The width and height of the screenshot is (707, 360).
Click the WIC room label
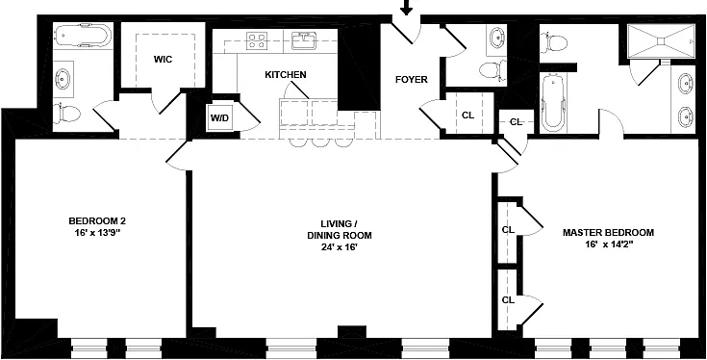pyautogui.click(x=163, y=59)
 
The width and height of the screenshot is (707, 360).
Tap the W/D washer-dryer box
pyautogui.click(x=220, y=118)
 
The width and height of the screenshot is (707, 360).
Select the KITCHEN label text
pyautogui.click(x=286, y=75)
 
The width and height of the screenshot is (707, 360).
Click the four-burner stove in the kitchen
pyautogui.click(x=257, y=40)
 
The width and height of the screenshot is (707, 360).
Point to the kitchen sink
pyautogui.click(x=304, y=40)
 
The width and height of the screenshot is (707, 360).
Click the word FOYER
pyautogui.click(x=412, y=80)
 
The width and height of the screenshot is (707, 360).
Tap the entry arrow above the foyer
pyautogui.click(x=407, y=7)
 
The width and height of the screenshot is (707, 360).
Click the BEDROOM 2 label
pyautogui.click(x=97, y=221)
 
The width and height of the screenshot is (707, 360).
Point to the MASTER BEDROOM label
pyautogui.click(x=608, y=233)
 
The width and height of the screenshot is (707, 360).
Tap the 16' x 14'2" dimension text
pyautogui.click(x=608, y=244)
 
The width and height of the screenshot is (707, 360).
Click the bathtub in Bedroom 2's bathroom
pyautogui.click(x=82, y=36)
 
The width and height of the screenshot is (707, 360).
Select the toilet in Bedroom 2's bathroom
pyautogui.click(x=66, y=114)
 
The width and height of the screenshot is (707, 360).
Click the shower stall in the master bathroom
pyautogui.click(x=662, y=41)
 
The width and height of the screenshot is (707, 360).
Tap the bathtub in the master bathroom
pyautogui.click(x=553, y=103)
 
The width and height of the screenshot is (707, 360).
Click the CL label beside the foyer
pyautogui.click(x=468, y=116)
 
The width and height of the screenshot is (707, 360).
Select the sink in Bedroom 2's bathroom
pyautogui.click(x=63, y=79)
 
